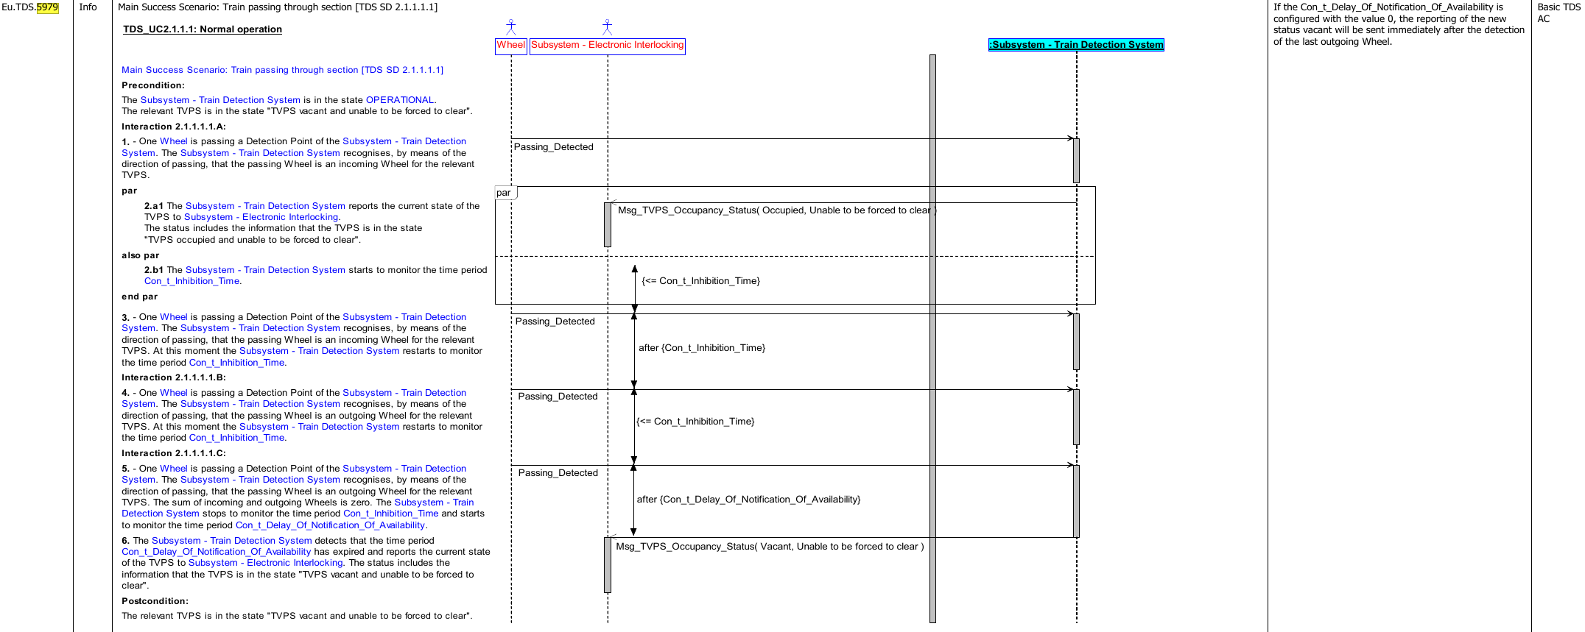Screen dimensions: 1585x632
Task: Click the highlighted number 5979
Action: [47, 7]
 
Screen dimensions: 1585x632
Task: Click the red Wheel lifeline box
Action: [511, 46]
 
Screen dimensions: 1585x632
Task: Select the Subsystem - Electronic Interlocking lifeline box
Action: [608, 46]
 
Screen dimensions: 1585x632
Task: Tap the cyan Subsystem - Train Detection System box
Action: [1076, 45]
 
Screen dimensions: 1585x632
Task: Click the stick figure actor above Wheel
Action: [511, 27]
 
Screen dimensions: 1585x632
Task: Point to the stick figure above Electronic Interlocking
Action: [607, 27]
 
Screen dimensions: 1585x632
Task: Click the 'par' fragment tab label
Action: [504, 193]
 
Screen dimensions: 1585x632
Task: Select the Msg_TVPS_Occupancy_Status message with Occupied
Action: [777, 210]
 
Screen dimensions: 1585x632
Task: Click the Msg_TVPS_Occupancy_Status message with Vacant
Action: [770, 547]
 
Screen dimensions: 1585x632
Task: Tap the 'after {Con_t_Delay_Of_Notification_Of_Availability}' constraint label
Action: [748, 500]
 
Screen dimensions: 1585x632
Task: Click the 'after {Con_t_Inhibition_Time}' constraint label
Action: [702, 348]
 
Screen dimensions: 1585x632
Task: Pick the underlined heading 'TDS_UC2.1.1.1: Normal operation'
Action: [203, 29]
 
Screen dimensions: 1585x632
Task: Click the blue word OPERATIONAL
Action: [400, 100]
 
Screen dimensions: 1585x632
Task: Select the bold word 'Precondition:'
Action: [153, 85]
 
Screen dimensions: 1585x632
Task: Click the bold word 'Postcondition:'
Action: [155, 601]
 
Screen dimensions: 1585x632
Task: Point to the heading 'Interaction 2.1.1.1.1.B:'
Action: [174, 377]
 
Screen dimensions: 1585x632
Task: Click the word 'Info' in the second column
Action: [88, 7]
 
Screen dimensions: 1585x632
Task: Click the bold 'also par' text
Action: [141, 255]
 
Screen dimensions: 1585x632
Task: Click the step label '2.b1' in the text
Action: [154, 270]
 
